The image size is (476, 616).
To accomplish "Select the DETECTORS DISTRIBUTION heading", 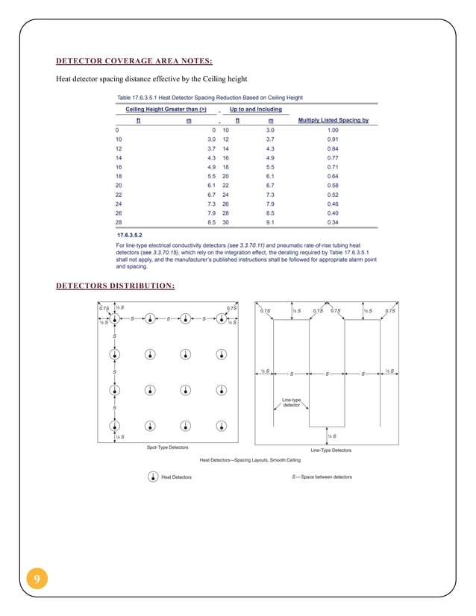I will pos(116,284).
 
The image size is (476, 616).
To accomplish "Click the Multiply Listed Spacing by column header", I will pos(333,119).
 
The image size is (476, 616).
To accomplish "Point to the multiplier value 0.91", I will pos(333,139).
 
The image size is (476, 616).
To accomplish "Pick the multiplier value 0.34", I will pos(333,221).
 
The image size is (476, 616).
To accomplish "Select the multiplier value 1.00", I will pos(333,130).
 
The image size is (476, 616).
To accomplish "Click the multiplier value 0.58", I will pos(333,184).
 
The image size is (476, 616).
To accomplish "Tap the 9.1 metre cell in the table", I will pos(270,221).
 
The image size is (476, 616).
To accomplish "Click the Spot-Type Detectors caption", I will pos(167,447).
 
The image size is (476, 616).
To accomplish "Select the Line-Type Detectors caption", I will pos(331,450).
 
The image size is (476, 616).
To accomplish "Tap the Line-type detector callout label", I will pos(291,402).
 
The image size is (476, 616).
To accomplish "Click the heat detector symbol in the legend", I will pos(152,477).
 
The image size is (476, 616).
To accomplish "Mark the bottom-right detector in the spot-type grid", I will pos(222,425).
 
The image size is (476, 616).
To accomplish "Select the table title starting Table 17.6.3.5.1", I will pos(210,98).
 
